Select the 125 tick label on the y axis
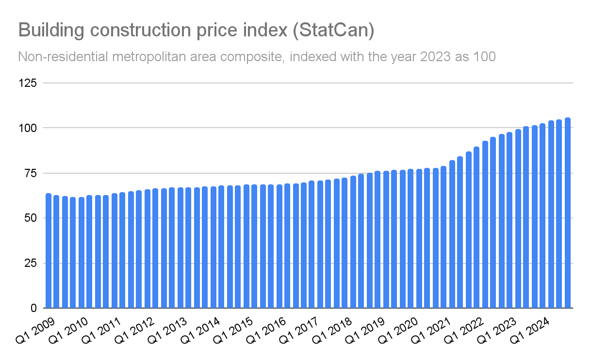[28, 83]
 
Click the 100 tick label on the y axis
[28, 128]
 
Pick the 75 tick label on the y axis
[30, 173]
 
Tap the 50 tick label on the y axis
[30, 218]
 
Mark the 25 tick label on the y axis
[30, 263]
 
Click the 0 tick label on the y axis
[33, 308]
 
